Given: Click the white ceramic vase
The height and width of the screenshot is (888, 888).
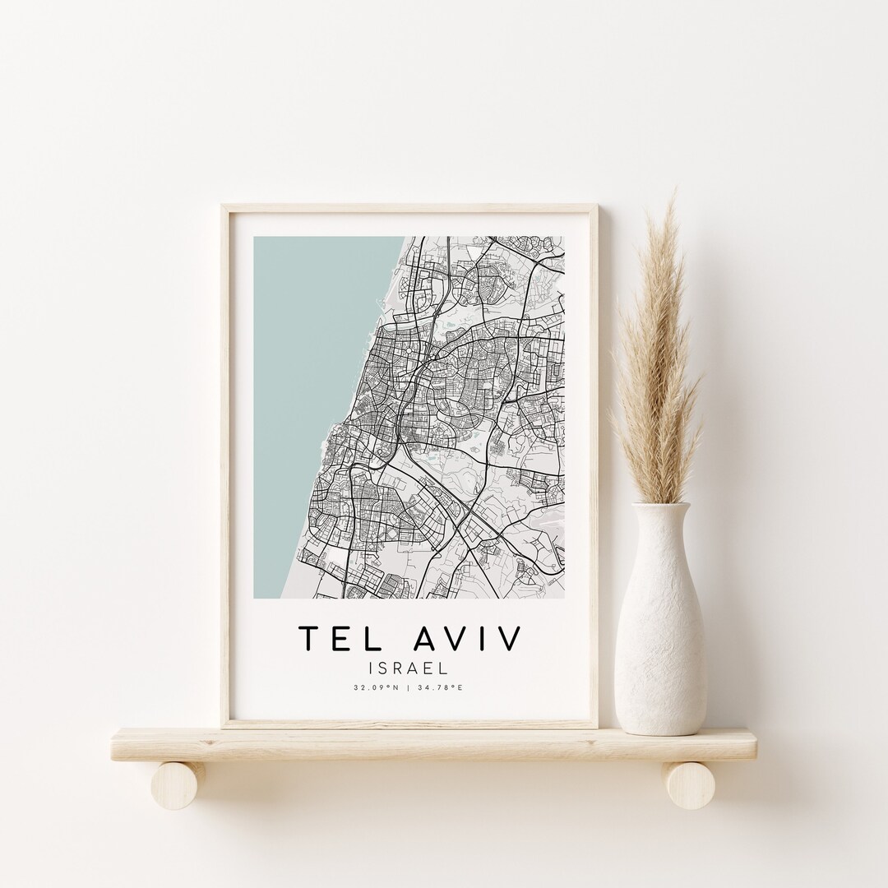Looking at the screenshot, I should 659,633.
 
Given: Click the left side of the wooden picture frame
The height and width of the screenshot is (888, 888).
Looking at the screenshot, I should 224,460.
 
